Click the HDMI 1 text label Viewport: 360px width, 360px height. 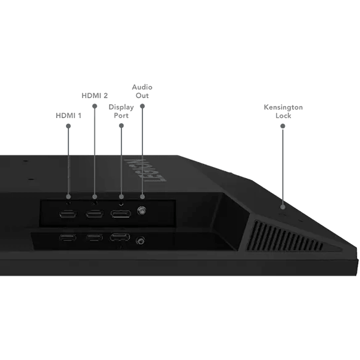[68, 115]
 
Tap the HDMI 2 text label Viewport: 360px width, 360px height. [94, 96]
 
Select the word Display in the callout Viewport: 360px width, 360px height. [121, 107]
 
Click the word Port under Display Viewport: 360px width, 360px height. [121, 115]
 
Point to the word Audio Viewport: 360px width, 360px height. [142, 87]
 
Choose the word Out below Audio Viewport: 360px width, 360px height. [142, 96]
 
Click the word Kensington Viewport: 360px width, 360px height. [283, 107]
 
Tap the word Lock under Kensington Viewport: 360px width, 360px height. [283, 115]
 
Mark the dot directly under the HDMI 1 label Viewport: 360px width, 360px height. [68, 126]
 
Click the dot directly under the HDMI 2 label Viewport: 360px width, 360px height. [94, 106]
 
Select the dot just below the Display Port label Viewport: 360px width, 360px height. [121, 126]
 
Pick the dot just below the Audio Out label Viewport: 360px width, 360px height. [142, 106]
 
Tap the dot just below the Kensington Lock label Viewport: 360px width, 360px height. [283, 126]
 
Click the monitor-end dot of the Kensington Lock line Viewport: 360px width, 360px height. [283, 207]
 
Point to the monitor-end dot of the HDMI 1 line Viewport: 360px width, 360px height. [68, 197]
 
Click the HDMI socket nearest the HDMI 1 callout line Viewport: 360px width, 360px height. [68, 214]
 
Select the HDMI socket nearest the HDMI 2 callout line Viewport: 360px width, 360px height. [94, 214]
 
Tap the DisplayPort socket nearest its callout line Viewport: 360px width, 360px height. [121, 214]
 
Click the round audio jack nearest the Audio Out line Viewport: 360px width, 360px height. [141, 210]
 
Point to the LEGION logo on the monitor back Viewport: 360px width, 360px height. [145, 170]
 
